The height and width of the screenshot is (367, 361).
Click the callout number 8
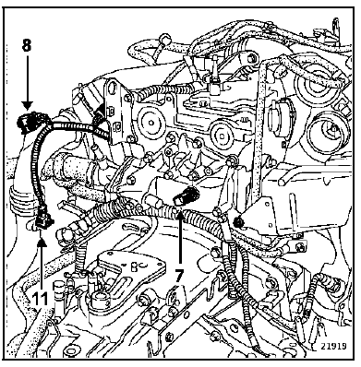pos(27,45)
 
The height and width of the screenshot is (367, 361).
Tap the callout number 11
pos(41,299)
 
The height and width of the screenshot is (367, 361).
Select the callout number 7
pos(179,276)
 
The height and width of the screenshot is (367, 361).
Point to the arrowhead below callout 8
pos(27,106)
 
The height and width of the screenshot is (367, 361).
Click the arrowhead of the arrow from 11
pos(42,243)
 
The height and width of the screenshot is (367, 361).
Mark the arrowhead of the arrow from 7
pos(179,213)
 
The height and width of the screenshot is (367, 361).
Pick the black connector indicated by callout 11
pos(43,219)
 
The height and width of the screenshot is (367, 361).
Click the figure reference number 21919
pos(333,346)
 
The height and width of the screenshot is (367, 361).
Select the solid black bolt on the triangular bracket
pos(237,221)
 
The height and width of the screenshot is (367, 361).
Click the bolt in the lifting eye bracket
pos(252,58)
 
